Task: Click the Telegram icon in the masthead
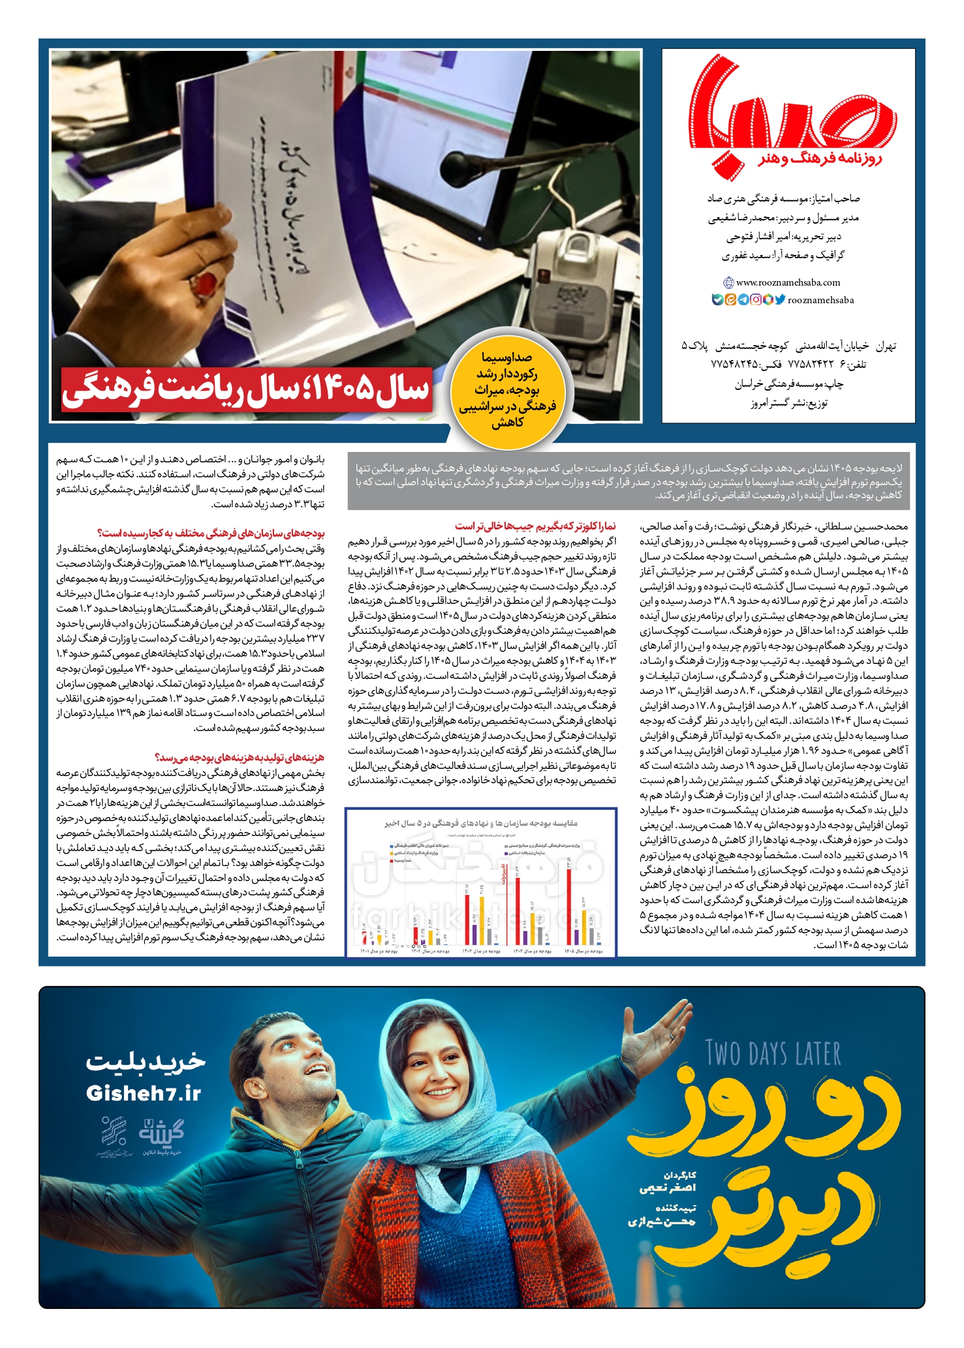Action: pos(743,300)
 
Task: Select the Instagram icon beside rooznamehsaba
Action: pos(756,300)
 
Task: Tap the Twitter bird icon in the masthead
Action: pos(780,300)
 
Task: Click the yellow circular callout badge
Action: pos(508,390)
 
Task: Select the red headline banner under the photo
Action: pos(247,389)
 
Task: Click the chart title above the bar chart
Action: pos(481,823)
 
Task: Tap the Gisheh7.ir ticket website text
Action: pos(144,1094)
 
